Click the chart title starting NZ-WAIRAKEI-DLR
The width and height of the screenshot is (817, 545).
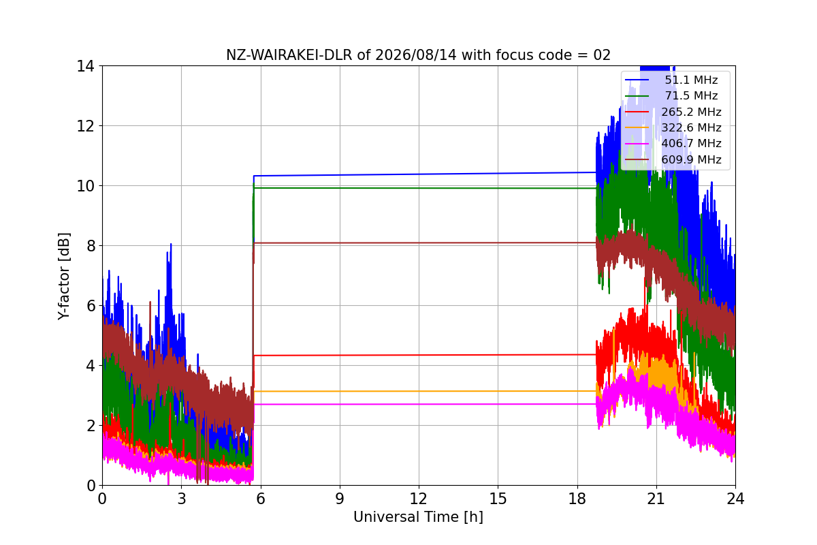pyautogui.click(x=418, y=55)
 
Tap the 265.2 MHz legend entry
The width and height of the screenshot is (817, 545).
pyautogui.click(x=673, y=112)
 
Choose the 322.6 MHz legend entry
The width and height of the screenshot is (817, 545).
pyautogui.click(x=673, y=127)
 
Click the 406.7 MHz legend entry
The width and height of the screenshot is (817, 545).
pyautogui.click(x=673, y=144)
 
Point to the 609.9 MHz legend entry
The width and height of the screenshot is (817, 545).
pyautogui.click(x=673, y=159)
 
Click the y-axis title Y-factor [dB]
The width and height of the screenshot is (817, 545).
pyautogui.click(x=64, y=277)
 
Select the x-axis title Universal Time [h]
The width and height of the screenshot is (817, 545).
pyautogui.click(x=418, y=517)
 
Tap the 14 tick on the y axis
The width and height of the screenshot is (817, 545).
pyautogui.click(x=85, y=67)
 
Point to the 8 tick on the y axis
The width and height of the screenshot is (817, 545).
pyautogui.click(x=91, y=246)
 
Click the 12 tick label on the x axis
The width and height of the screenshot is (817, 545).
pyautogui.click(x=418, y=499)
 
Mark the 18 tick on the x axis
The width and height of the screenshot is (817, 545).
pyautogui.click(x=577, y=499)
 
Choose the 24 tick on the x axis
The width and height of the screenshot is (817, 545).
pyautogui.click(x=735, y=499)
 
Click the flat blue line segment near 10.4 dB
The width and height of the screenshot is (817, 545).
pyautogui.click(x=425, y=174)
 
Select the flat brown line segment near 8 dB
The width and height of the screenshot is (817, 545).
pyautogui.click(x=425, y=243)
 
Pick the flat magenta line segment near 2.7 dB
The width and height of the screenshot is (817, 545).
pyautogui.click(x=425, y=404)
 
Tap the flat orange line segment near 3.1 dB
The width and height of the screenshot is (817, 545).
pyautogui.click(x=425, y=391)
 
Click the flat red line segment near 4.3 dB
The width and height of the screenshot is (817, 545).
pyautogui.click(x=425, y=355)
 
